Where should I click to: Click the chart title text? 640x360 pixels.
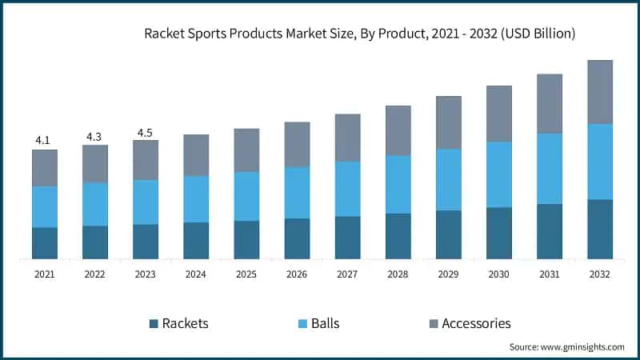[359, 34]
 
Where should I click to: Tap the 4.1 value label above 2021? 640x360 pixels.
[42, 140]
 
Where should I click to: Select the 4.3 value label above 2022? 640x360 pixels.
[94, 136]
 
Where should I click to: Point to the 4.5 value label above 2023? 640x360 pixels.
[145, 133]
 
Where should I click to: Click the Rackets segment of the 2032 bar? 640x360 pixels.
[600, 229]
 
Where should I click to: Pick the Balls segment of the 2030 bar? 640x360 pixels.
[499, 174]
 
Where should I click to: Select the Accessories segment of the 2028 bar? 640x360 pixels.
[398, 130]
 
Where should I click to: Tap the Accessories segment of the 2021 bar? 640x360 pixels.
[45, 168]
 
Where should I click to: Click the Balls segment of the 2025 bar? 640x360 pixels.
[246, 196]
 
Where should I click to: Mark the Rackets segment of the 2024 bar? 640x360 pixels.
[196, 240]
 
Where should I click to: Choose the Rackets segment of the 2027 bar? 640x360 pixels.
[347, 237]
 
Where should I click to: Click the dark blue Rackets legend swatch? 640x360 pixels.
[153, 324]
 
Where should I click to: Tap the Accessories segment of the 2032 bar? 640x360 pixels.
[600, 92]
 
